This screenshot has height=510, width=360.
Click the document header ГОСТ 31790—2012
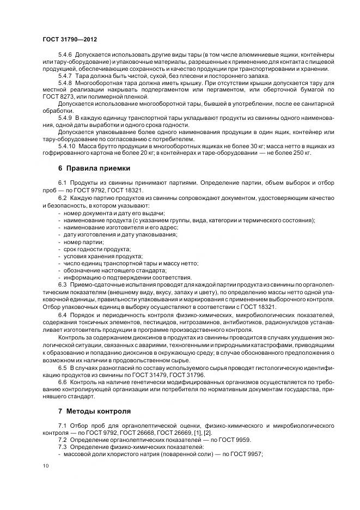[66, 40]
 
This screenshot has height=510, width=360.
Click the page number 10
[45, 465]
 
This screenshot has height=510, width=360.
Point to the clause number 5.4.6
[66, 56]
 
